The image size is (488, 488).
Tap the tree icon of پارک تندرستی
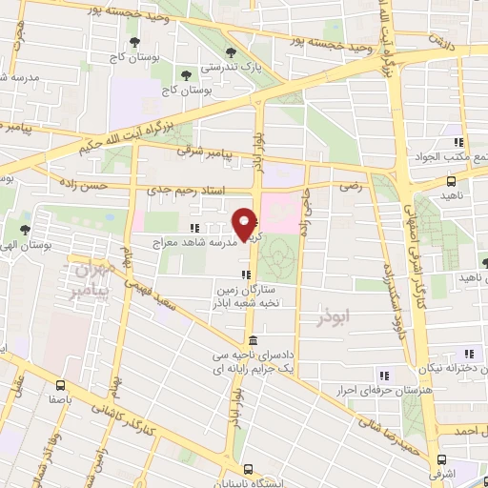pos(228,52)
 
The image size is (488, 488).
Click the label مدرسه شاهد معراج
pos(195,243)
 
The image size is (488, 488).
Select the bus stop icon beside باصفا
pos(61,386)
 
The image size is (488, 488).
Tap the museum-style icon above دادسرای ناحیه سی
pos(251,340)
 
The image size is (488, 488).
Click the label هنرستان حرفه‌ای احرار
pos(369,391)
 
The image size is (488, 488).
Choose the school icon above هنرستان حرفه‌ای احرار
pos(385,375)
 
